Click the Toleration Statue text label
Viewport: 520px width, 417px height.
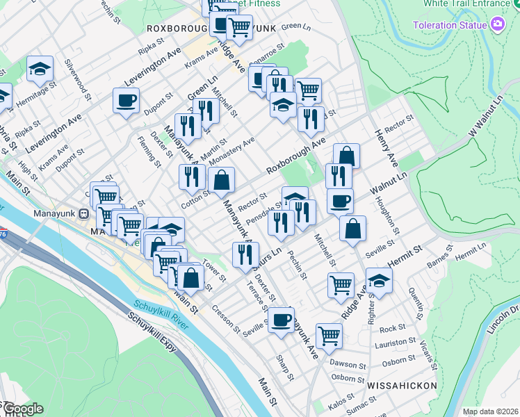(x=449, y=26)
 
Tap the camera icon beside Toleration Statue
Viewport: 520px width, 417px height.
(x=498, y=26)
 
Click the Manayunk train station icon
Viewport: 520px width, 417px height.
(x=83, y=214)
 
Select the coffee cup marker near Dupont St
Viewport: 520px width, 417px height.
(x=127, y=100)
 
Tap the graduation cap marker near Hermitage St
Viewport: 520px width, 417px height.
(x=40, y=68)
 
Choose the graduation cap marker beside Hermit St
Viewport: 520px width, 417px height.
(x=379, y=281)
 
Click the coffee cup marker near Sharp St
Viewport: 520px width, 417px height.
(x=281, y=320)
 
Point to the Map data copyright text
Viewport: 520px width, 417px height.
(x=490, y=411)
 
